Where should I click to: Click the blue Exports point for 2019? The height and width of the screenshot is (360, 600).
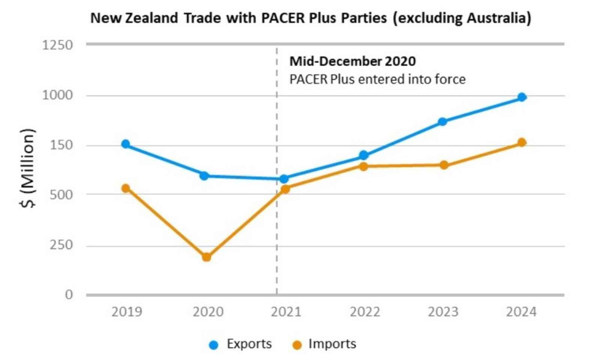pos(126,144)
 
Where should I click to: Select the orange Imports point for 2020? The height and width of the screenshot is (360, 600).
pos(206,257)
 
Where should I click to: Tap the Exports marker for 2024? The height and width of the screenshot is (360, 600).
pos(522,97)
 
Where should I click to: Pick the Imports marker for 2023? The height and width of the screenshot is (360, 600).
pos(444,165)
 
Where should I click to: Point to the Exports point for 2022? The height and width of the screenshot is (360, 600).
pos(363,155)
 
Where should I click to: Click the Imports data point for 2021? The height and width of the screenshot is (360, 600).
pos(285,189)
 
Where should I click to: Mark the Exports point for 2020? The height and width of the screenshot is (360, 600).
pos(204,175)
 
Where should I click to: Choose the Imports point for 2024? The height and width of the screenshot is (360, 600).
pos(522,142)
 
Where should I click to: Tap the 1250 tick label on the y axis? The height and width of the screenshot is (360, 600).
pos(57,45)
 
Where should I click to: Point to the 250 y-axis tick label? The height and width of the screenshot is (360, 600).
pos(61,245)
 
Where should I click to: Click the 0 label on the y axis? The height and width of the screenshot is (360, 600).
pos(69,295)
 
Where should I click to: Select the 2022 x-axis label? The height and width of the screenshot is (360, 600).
pos(364,312)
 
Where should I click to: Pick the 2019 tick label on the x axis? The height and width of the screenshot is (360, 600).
pos(127,312)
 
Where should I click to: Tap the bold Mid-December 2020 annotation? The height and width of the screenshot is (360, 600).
pos(352,61)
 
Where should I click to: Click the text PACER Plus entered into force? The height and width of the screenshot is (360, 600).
pos(377,79)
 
